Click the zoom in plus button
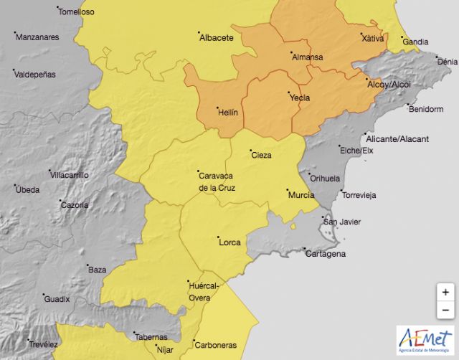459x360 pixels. click(x=445, y=292)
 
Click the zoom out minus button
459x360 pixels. click(x=445, y=310)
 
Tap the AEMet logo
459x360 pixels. click(x=425, y=340)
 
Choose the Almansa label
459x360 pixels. click(x=307, y=57)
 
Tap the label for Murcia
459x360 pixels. click(x=301, y=195)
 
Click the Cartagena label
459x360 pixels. click(x=325, y=254)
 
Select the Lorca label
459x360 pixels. click(x=229, y=242)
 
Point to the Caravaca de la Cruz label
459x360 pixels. click(x=216, y=181)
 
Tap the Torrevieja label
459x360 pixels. click(x=359, y=195)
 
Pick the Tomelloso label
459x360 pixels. click(x=76, y=12)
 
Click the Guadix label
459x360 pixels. click(x=57, y=300)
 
